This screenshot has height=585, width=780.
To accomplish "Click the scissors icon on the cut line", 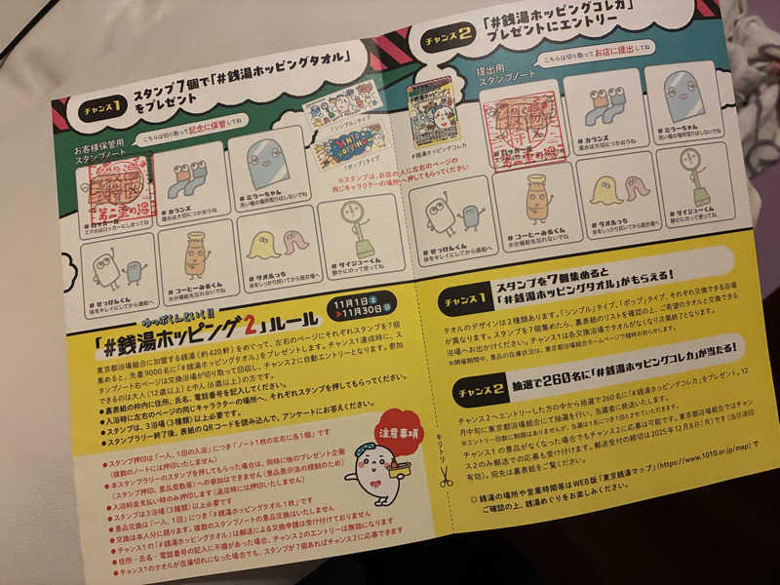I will click(x=446, y=477).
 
